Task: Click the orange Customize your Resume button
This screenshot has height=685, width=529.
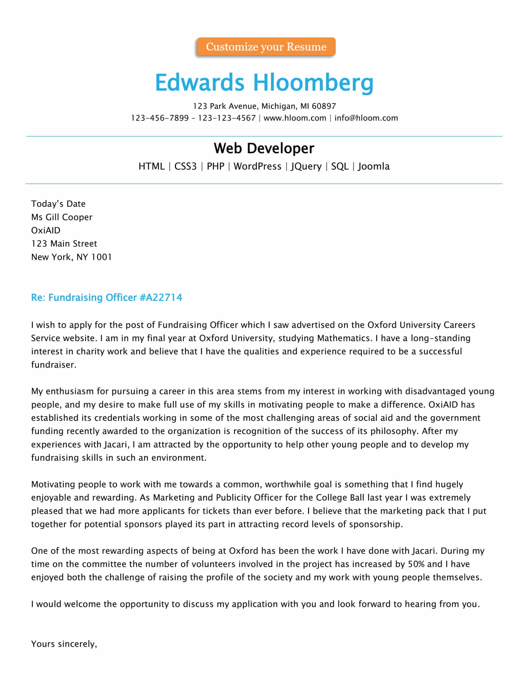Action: pyautogui.click(x=266, y=47)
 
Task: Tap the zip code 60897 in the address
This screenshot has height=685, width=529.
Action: pyautogui.click(x=324, y=106)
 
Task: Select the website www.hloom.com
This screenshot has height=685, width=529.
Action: pyautogui.click(x=295, y=118)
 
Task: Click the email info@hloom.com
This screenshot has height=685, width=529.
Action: pyautogui.click(x=366, y=118)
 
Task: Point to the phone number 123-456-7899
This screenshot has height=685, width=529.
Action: pyautogui.click(x=160, y=118)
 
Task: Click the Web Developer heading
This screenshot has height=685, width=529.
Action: pyautogui.click(x=264, y=148)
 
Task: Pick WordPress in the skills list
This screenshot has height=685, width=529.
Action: pyautogui.click(x=257, y=166)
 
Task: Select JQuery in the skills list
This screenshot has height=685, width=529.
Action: pyautogui.click(x=306, y=166)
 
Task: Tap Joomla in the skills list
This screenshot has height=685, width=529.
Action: pyautogui.click(x=373, y=166)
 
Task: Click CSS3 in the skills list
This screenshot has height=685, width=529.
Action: pyautogui.click(x=185, y=166)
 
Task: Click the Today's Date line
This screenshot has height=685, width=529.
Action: pyautogui.click(x=58, y=204)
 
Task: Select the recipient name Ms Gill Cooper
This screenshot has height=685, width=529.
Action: pyautogui.click(x=62, y=217)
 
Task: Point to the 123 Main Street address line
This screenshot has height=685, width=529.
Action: pyautogui.click(x=64, y=244)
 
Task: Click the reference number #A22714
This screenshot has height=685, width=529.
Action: pyautogui.click(x=161, y=297)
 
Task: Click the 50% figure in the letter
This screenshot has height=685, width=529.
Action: pyautogui.click(x=416, y=564)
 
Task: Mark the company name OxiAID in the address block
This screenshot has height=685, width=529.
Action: pyautogui.click(x=46, y=230)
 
